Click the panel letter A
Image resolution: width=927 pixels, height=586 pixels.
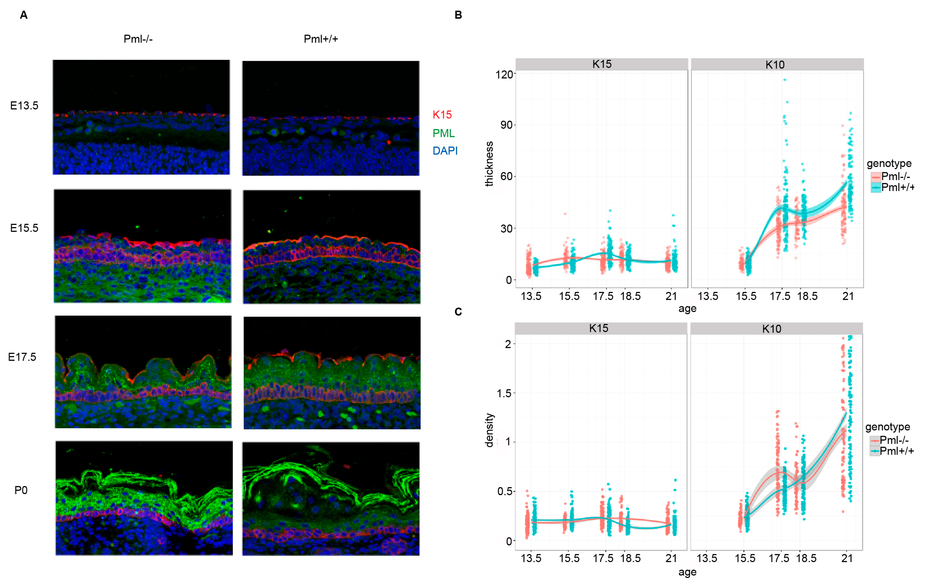pyautogui.click(x=23, y=15)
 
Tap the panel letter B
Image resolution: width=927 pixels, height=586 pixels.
pyautogui.click(x=458, y=15)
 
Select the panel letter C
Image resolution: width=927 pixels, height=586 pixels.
pyautogui.click(x=458, y=311)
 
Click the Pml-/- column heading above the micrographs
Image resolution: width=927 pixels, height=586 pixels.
pyautogui.click(x=138, y=39)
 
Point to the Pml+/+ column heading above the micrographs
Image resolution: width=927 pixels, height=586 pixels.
pyautogui.click(x=321, y=39)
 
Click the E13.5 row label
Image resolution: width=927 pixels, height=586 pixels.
pyautogui.click(x=24, y=105)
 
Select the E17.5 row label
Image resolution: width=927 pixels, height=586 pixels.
pyautogui.click(x=22, y=357)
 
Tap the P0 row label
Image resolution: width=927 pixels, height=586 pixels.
pyautogui.click(x=21, y=490)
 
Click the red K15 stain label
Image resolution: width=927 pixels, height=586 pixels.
pyautogui.click(x=442, y=115)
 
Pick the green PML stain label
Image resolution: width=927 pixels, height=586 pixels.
pyautogui.click(x=443, y=133)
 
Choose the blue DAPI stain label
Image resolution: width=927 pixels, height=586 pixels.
pyautogui.click(x=445, y=151)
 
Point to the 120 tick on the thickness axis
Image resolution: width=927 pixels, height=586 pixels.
pyautogui.click(x=504, y=74)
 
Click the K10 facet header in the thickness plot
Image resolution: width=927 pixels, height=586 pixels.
pyautogui.click(x=775, y=65)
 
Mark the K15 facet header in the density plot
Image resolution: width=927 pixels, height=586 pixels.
pyautogui.click(x=599, y=328)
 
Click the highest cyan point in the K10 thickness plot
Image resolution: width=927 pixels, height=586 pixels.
pyautogui.click(x=784, y=80)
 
